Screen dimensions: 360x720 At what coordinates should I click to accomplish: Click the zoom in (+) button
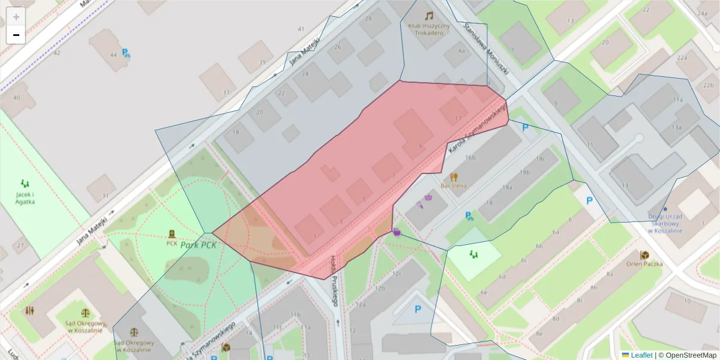[x=16, y=17]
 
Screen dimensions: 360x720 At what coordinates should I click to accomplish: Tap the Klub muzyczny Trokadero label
[x=428, y=29]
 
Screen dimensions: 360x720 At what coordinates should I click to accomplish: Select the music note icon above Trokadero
[x=428, y=16]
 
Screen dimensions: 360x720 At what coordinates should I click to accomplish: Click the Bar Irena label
[x=454, y=185]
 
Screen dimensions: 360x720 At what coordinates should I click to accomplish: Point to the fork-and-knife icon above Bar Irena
[x=454, y=176]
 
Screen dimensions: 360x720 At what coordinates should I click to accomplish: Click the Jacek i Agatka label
[x=25, y=198]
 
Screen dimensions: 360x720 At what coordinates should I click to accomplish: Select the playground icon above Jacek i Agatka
[x=25, y=182]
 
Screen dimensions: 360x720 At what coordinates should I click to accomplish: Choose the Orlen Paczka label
[x=644, y=264]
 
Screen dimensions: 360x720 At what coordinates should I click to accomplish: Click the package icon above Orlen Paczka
[x=644, y=254]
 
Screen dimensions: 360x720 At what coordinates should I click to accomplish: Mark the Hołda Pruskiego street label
[x=333, y=280]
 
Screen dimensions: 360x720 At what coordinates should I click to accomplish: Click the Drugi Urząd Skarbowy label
[x=665, y=223]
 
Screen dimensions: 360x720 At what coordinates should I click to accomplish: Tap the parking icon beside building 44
[x=126, y=53]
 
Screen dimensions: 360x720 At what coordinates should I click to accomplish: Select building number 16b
[x=470, y=157]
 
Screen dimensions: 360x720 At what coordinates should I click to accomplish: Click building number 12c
[x=397, y=274]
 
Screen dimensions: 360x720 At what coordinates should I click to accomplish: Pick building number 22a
[x=682, y=58]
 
